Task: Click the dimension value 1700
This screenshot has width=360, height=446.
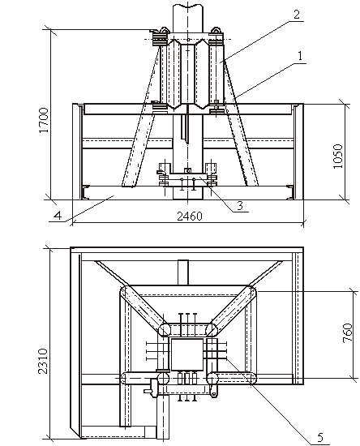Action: [x=44, y=120]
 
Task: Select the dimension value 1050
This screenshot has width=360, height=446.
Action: [x=338, y=157]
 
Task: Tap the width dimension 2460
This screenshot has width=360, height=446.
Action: [x=190, y=217]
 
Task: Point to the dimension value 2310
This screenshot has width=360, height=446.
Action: [x=43, y=361]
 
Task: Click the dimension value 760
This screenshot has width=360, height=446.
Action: [x=348, y=332]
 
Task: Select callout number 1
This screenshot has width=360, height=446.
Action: [x=299, y=56]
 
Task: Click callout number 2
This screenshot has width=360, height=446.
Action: [x=297, y=15]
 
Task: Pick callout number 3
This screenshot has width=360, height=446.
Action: [x=240, y=205]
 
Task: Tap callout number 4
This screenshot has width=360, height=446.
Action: [x=58, y=216]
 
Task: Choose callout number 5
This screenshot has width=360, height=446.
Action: [x=320, y=437]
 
